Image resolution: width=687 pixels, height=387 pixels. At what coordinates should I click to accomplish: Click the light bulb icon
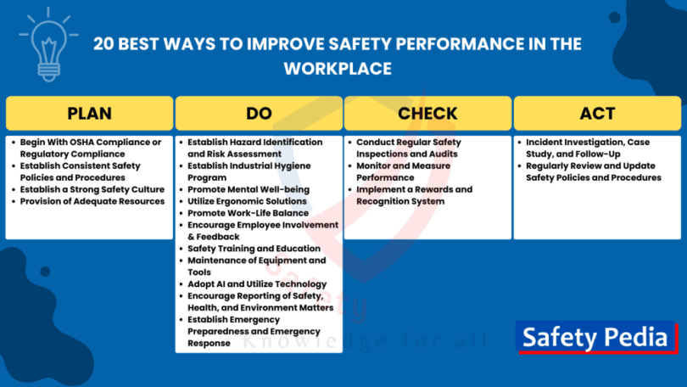pos(48,45)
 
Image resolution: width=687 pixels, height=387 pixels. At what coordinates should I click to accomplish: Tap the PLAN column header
pos(89,113)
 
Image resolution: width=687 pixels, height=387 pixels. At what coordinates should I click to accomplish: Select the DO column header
pos(259,113)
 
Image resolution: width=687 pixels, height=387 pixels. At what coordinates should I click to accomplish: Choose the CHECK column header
pos(427,113)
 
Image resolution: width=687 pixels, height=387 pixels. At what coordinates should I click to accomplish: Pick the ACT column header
pos(597,113)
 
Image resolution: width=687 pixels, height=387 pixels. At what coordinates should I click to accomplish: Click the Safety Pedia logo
pos(596,337)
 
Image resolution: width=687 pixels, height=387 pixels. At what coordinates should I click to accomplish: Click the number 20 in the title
pos(103,44)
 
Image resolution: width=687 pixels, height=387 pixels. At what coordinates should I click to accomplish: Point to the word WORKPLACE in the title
pos(338,69)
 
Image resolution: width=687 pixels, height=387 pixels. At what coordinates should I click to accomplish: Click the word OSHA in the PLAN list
pos(85,142)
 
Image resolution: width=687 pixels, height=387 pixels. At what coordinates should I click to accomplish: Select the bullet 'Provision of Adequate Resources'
pos(92,201)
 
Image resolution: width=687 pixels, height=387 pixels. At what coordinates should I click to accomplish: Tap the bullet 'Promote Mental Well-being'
pos(249,189)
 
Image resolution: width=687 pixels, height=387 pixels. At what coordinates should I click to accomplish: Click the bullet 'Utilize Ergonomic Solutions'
pos(247,201)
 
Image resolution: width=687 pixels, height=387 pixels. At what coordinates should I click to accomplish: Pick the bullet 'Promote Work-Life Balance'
pos(248,213)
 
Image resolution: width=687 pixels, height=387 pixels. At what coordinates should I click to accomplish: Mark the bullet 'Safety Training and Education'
pos(254,249)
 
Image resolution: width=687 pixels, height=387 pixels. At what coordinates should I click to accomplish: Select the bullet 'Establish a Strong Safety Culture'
pos(92,189)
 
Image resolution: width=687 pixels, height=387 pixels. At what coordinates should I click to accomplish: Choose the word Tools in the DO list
pos(199,272)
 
